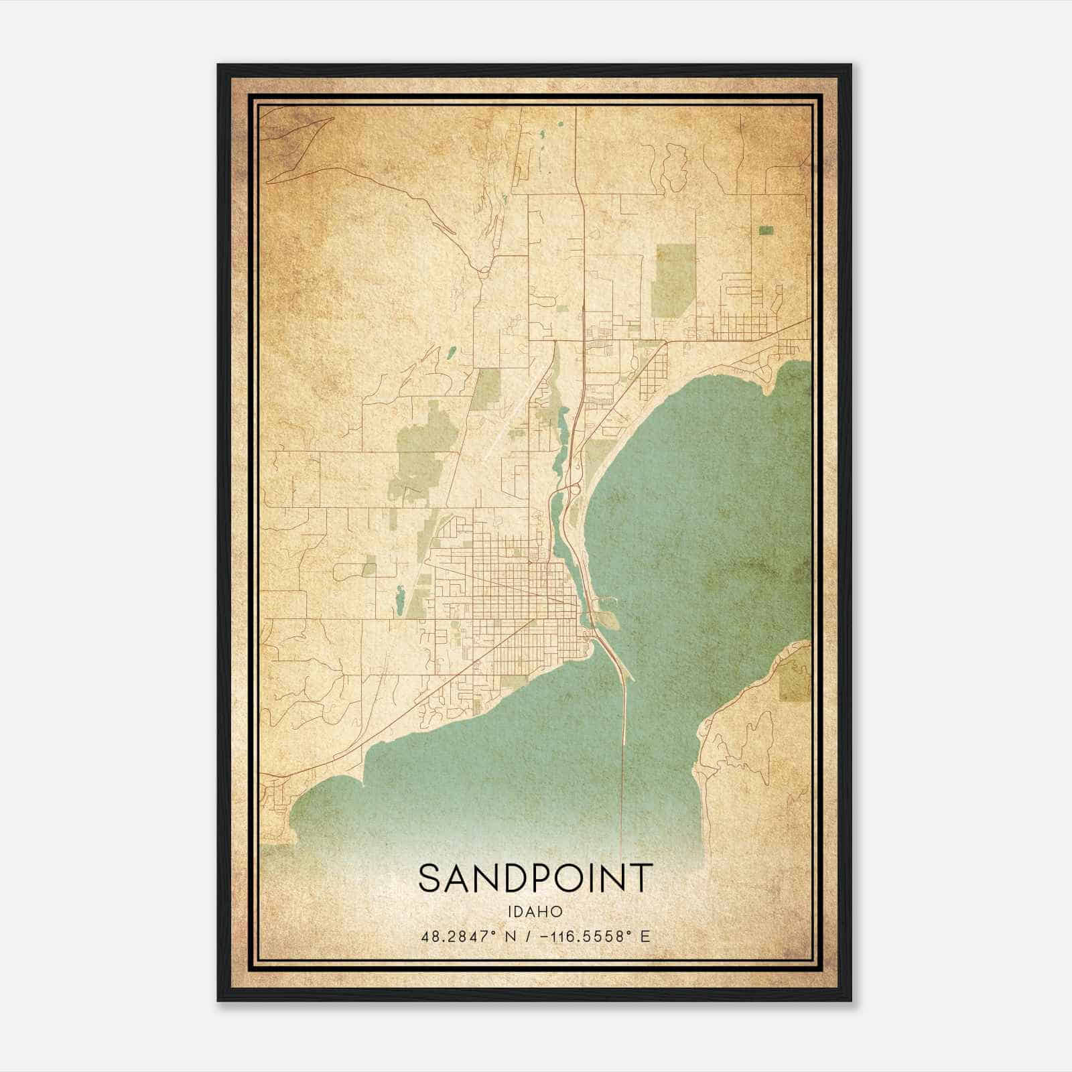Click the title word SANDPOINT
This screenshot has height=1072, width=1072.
(x=535, y=878)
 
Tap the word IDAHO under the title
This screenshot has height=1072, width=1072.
(x=535, y=912)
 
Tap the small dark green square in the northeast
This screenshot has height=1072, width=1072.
(x=766, y=230)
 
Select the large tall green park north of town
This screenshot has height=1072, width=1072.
(x=675, y=280)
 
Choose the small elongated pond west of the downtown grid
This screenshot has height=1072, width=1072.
(x=400, y=600)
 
